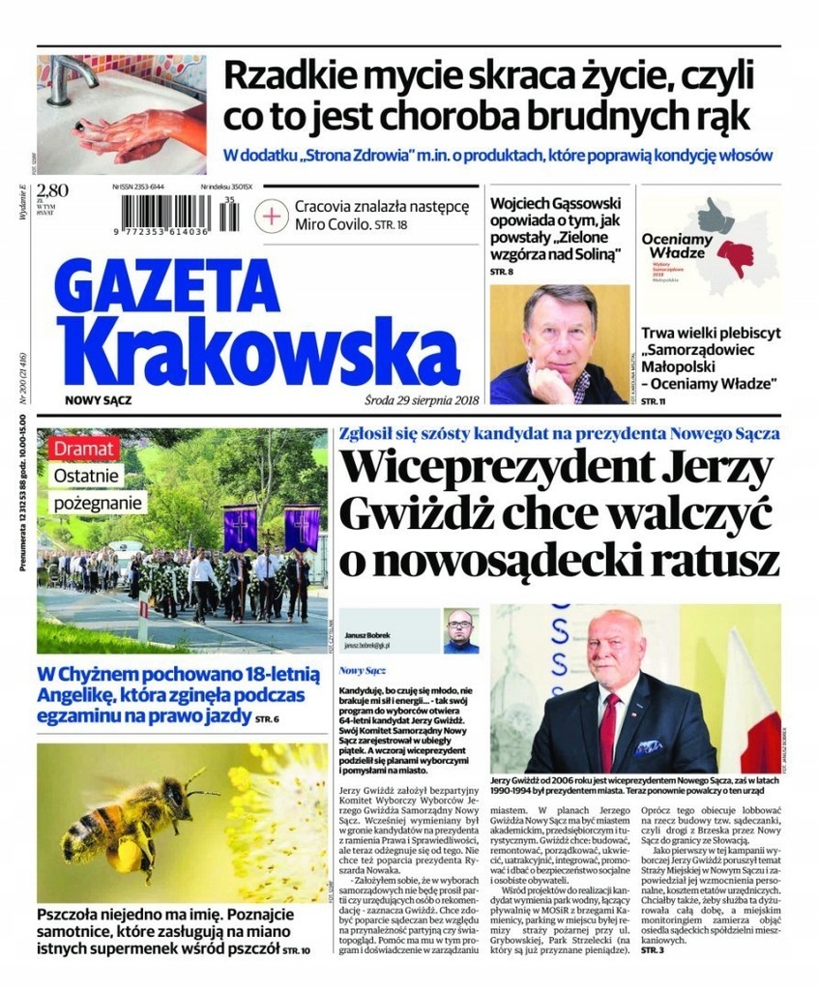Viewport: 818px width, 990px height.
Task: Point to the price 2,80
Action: click(50, 189)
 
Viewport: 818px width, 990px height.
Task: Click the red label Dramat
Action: click(86, 449)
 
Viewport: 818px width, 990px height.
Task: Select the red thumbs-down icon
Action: click(736, 256)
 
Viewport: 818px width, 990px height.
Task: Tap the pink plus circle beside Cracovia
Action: click(274, 216)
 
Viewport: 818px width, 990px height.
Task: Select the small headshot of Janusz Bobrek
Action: click(461, 631)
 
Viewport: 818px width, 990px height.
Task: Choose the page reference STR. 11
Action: click(654, 400)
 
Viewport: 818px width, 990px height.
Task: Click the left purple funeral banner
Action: click(240, 528)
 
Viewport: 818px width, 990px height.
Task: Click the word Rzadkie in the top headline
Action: click(280, 75)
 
